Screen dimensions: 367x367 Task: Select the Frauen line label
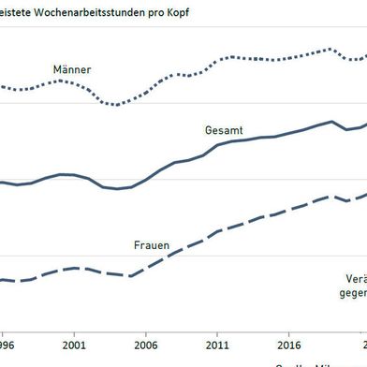coord(150,245)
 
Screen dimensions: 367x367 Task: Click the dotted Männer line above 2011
coord(217,60)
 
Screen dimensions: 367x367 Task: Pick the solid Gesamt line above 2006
coord(146,179)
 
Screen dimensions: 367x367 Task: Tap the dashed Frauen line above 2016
coord(288,208)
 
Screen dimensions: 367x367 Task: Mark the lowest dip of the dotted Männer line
coord(115,104)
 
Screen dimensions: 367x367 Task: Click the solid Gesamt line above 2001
coord(74,175)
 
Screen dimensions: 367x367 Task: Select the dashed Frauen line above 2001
coord(74,268)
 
